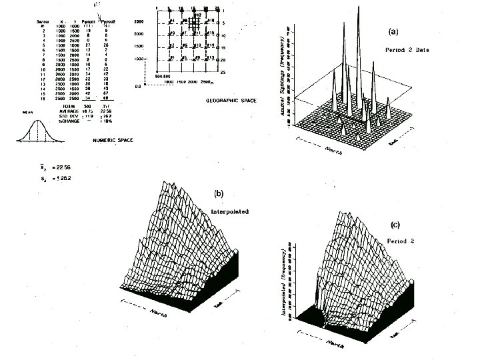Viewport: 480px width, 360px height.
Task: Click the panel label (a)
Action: (x=393, y=31)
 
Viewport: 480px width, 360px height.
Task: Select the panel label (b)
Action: (x=218, y=193)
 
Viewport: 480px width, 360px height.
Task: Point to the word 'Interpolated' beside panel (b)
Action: (x=228, y=212)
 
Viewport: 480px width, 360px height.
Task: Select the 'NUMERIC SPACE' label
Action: (x=109, y=141)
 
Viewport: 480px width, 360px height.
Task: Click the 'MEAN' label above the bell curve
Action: (x=28, y=113)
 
